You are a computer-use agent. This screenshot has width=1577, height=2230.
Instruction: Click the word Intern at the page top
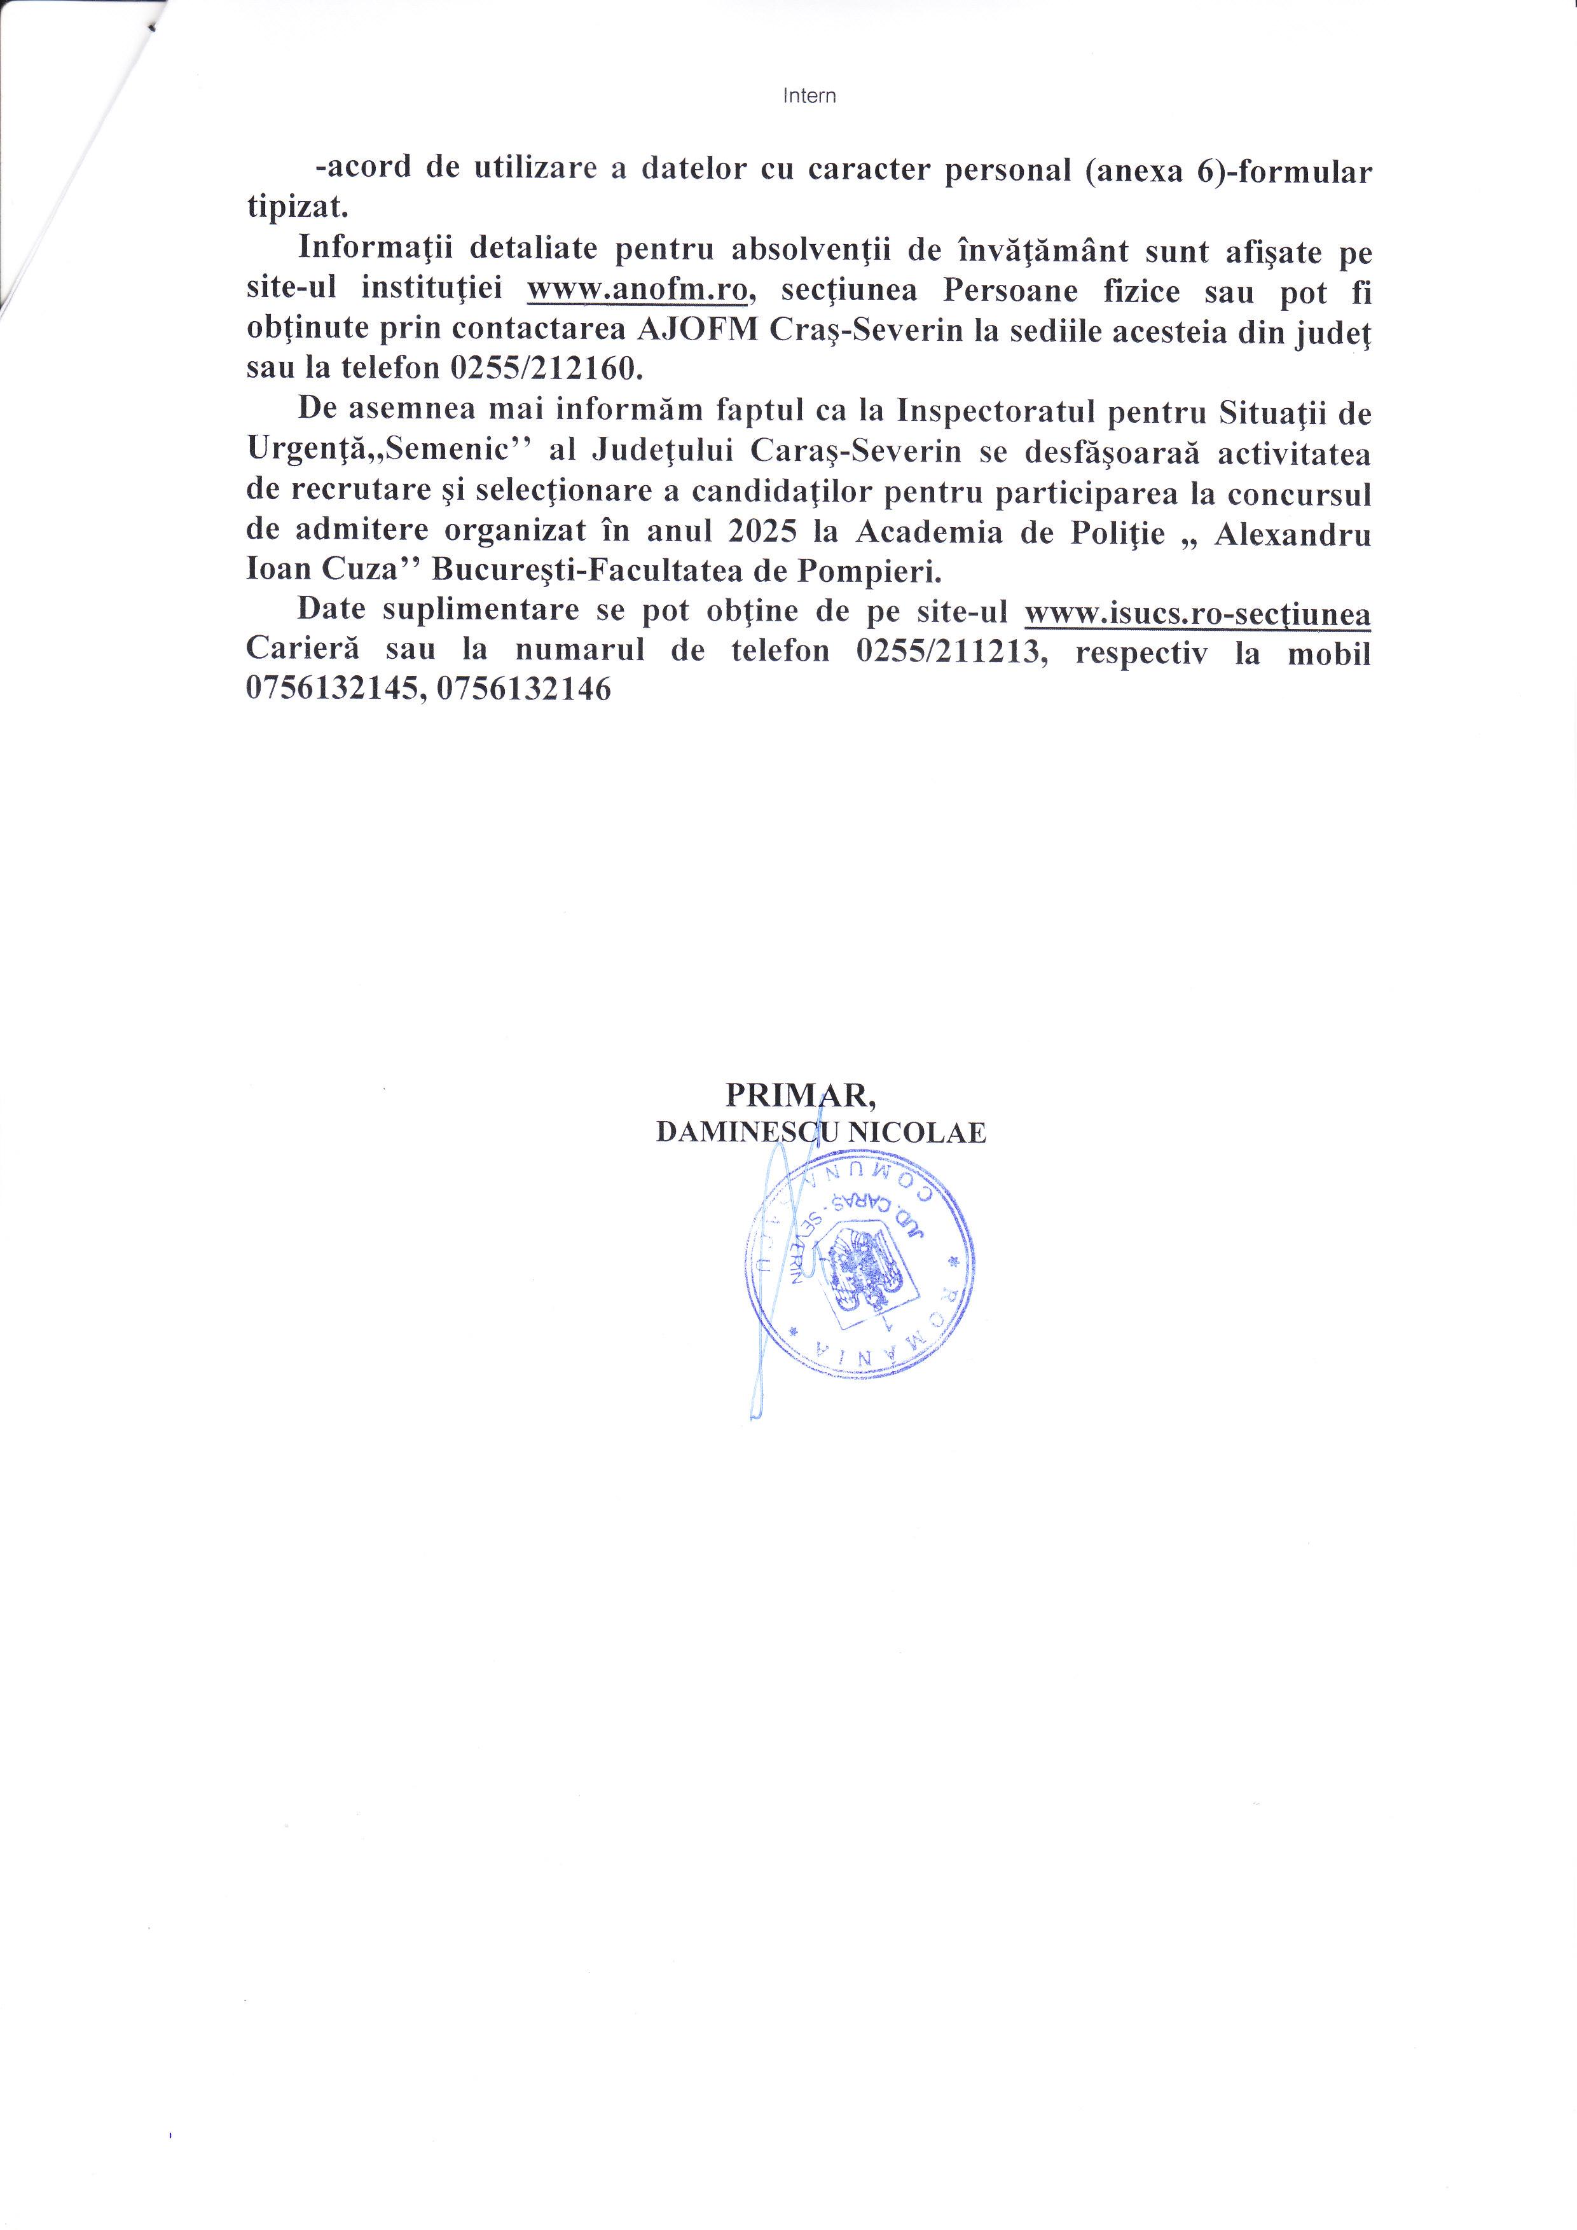coord(809,96)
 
